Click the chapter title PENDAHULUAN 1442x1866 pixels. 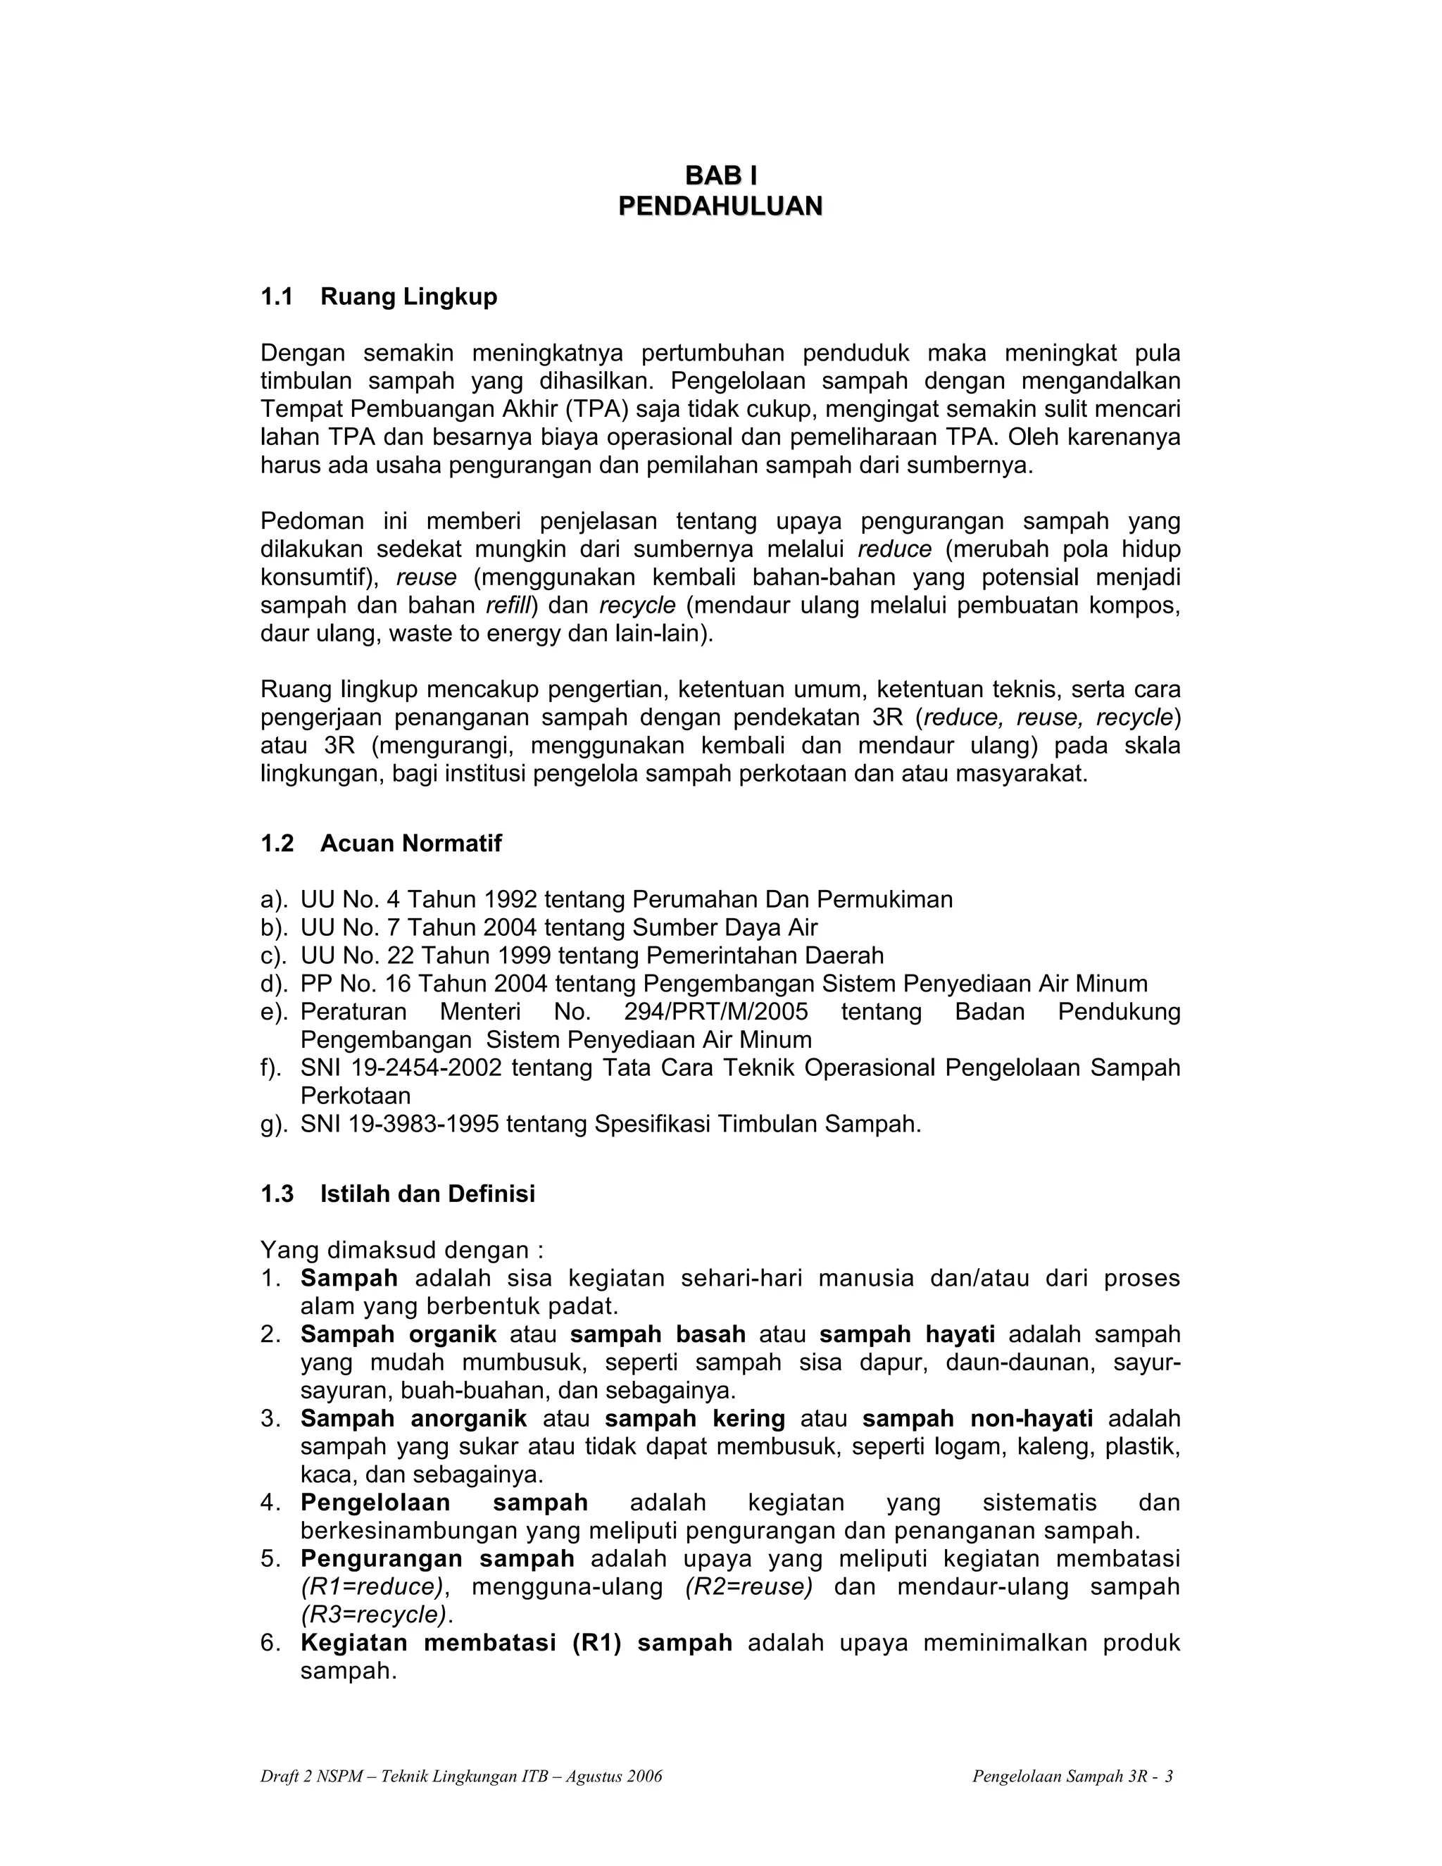tap(720, 206)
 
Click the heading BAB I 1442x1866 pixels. tap(720, 175)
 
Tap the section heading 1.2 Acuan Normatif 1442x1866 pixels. tap(381, 844)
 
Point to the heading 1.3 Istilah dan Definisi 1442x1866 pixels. tap(397, 1194)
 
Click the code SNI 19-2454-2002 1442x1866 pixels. tap(401, 1068)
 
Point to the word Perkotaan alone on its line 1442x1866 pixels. tap(356, 1096)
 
